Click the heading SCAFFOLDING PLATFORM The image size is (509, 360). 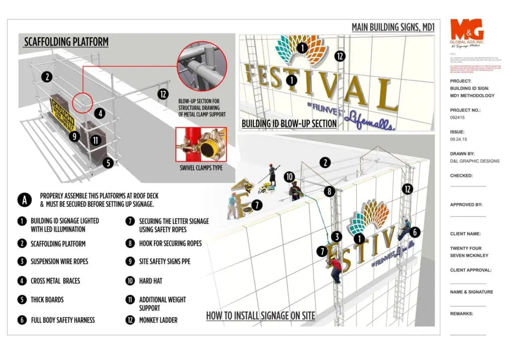(66, 42)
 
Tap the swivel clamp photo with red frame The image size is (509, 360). (201, 144)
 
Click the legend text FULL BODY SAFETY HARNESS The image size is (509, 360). (63, 320)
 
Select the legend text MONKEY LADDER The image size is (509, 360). (158, 320)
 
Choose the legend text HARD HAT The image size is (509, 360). (151, 281)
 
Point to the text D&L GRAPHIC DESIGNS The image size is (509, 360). (475, 161)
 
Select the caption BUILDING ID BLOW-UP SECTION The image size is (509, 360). (289, 123)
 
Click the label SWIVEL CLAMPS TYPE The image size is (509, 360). (201, 168)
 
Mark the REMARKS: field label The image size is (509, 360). (462, 314)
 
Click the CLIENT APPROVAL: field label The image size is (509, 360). (471, 270)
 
